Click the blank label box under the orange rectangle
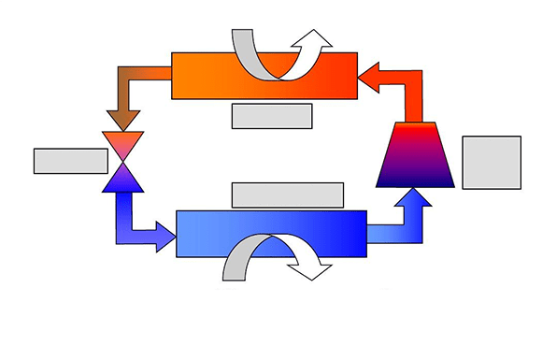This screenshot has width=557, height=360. click(271, 116)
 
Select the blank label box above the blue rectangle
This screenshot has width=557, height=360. click(287, 194)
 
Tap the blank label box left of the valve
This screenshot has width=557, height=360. click(71, 161)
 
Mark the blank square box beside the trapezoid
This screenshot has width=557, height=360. click(492, 163)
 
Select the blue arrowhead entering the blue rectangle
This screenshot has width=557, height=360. click(164, 233)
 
